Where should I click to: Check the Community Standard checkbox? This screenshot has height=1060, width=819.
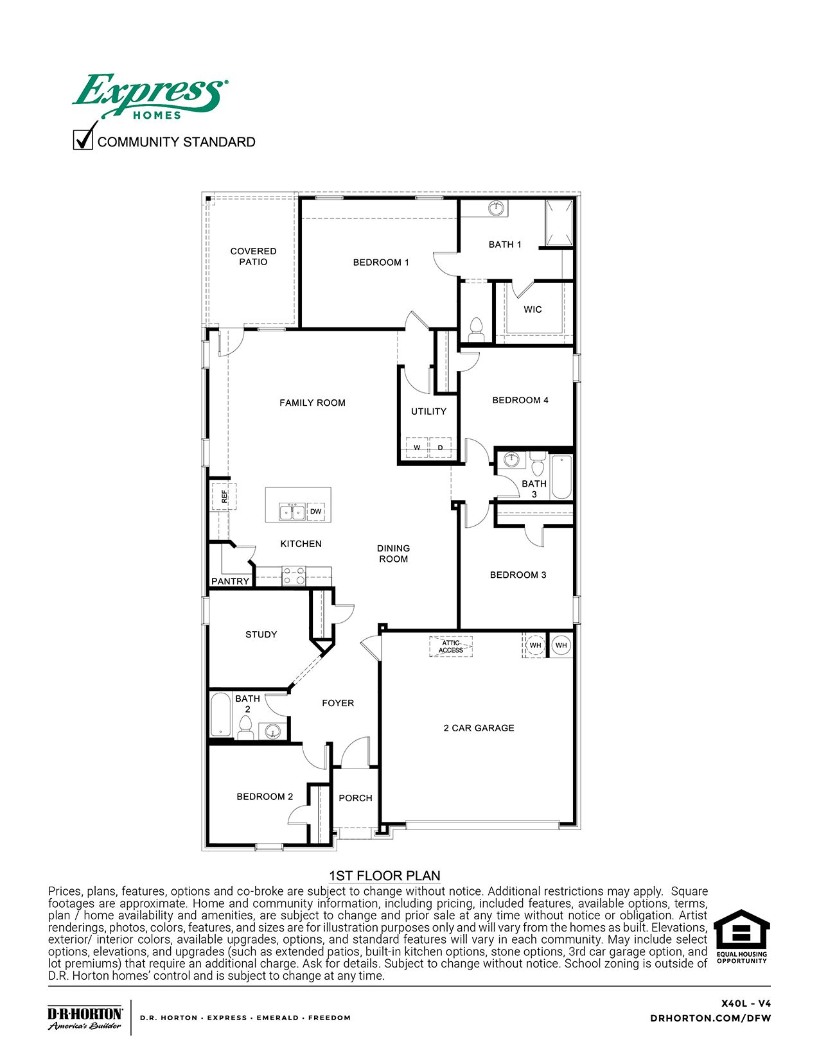83,139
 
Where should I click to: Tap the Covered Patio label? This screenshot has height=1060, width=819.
253,256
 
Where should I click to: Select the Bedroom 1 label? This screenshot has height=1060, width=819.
381,262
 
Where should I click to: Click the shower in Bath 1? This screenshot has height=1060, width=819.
558,222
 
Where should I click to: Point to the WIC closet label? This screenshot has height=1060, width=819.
533,309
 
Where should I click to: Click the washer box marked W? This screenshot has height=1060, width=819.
417,447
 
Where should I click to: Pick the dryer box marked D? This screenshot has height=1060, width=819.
441,447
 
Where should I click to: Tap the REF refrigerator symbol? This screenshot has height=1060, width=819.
224,496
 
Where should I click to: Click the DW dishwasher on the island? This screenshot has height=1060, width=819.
316,511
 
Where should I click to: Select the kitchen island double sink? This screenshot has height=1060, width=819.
292,512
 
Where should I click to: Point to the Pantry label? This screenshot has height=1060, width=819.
230,581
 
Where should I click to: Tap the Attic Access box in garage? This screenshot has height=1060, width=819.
451,647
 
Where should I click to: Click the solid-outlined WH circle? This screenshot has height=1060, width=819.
561,645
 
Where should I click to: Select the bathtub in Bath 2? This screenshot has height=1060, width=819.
220,715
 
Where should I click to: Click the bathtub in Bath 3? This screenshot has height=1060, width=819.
561,476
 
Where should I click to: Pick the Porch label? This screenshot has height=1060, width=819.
355,798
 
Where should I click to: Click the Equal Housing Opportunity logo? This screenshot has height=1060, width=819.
742,936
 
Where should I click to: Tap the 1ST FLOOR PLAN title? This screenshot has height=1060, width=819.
384,876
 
